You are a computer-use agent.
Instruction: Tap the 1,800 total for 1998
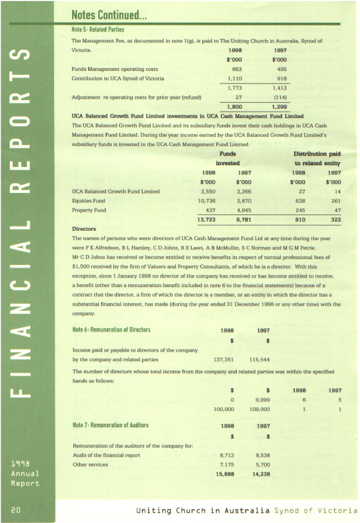[234, 107]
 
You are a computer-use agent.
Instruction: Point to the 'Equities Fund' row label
[87, 199]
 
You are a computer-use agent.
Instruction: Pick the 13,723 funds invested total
[208, 219]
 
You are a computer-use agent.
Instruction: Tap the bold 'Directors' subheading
[84, 229]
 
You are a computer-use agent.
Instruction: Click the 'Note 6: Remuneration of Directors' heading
[111, 329]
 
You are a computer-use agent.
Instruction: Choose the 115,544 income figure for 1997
[261, 359]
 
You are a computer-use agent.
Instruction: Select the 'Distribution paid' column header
[317, 154]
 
